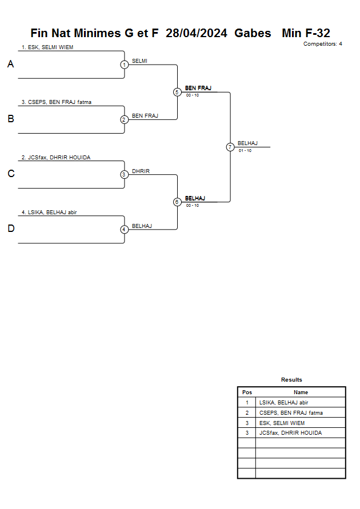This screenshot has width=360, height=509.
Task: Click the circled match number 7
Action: (230, 147)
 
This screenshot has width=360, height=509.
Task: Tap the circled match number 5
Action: (177, 92)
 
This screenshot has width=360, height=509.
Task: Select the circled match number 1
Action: (125, 65)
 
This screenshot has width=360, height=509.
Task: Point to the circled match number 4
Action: (124, 230)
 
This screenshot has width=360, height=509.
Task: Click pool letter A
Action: (11, 64)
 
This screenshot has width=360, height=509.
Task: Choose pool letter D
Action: (11, 229)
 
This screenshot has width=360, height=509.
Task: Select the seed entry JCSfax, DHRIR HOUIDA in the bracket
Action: (56, 158)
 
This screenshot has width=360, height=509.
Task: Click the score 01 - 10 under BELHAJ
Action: (245, 151)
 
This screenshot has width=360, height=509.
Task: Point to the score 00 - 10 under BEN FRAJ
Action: (193, 95)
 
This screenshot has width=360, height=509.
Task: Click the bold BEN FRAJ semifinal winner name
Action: (198, 88)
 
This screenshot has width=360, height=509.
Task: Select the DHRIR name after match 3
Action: (141, 171)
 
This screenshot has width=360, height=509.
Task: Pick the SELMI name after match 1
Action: (139, 61)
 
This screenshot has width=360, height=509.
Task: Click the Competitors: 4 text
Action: (323, 44)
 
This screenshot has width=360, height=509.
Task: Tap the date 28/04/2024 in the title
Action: (197, 33)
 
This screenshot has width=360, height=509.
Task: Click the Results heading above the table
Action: (291, 379)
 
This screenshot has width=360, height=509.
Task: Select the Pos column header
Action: (247, 392)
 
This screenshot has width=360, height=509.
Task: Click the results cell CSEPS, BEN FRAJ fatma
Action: (291, 413)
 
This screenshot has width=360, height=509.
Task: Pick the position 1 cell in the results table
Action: (247, 403)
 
